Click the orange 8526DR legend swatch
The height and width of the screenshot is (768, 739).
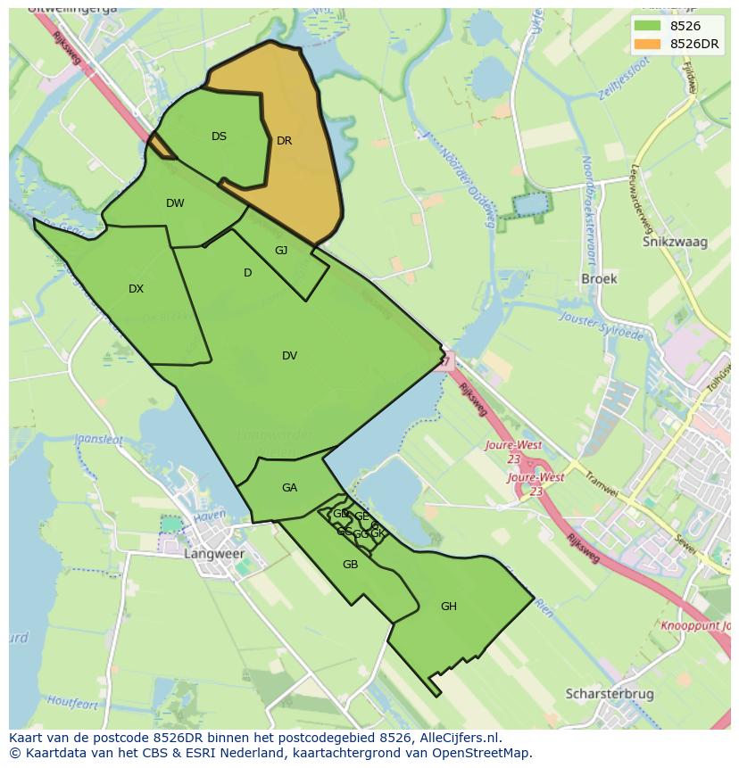coord(648,44)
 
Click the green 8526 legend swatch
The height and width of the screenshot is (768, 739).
coord(648,26)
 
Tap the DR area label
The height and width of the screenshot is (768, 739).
coord(284,141)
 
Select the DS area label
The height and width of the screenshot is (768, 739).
coord(219,136)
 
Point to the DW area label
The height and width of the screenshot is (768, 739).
coord(175,203)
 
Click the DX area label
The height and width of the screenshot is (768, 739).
coord(136,289)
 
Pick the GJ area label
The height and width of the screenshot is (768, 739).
coord(281,251)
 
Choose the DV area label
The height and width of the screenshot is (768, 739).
coord(289,356)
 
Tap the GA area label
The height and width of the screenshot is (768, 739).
coord(289,488)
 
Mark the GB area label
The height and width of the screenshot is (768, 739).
coord(350,565)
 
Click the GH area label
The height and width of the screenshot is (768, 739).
coord(448,607)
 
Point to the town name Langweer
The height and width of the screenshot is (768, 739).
coord(213,554)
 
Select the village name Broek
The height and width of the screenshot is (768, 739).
coord(599,278)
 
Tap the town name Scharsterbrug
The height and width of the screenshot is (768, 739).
coord(610,693)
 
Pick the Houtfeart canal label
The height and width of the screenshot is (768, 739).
coord(72,703)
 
